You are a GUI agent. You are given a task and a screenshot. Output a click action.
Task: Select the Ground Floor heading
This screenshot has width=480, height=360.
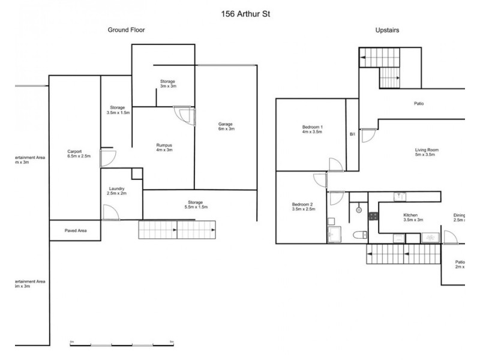[126, 29]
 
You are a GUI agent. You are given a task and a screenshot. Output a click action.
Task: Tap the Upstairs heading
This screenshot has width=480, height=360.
[388, 29]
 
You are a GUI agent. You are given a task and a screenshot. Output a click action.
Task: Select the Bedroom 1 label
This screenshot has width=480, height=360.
[313, 127]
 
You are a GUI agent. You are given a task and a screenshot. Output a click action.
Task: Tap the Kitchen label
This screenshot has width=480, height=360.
[410, 215]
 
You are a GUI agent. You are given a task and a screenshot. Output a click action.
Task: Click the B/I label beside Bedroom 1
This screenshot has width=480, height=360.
[353, 134]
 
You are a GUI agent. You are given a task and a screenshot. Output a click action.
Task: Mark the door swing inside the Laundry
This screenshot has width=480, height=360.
[110, 212]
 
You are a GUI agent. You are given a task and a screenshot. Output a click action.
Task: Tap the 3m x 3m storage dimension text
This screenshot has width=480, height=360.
[167, 86]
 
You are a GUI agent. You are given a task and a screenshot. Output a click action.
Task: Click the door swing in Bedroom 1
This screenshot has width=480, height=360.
[335, 164]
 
